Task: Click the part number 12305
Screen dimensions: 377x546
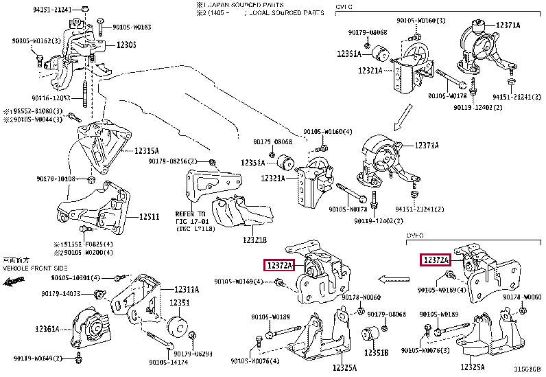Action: point(126,45)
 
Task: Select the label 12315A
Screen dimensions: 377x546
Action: point(147,150)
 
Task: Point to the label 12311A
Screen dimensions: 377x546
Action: point(186,290)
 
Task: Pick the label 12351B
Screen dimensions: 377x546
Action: point(377,352)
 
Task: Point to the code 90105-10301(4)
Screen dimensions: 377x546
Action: point(75,277)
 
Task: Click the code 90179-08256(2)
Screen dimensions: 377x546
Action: point(173,161)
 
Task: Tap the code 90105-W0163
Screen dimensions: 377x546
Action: point(130,27)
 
